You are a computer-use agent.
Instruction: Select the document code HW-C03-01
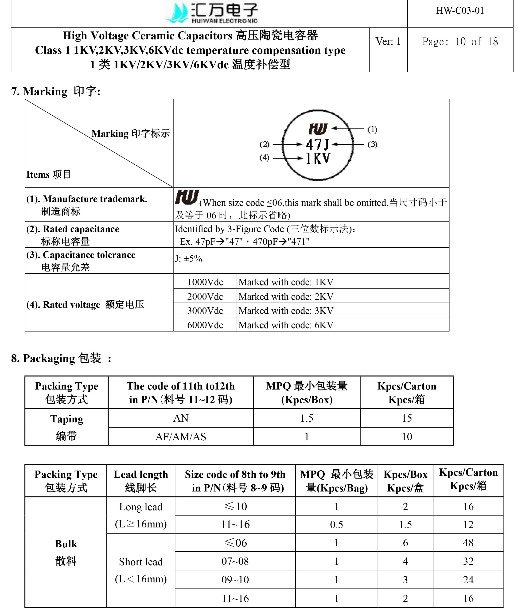pos(460,11)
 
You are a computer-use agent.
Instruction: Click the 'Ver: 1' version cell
pos(388,41)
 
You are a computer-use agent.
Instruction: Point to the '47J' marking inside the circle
pos(317,144)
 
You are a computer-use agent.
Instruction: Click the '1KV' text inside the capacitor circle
pos(318,158)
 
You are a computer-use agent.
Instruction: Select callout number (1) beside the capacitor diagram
pos(372,129)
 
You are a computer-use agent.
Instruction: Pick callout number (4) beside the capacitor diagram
pos(264,158)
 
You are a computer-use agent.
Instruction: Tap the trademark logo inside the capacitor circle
pos(318,129)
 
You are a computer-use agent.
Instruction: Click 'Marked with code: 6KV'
pos(286,325)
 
